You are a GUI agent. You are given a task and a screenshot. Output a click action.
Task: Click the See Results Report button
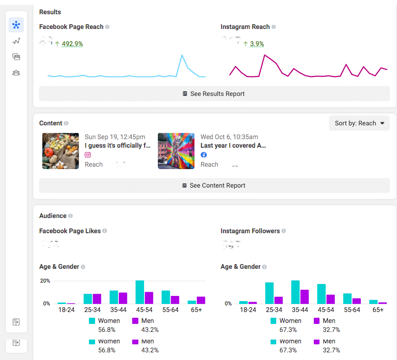pyautogui.click(x=214, y=94)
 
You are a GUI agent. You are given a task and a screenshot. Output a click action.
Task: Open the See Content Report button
pyautogui.click(x=214, y=185)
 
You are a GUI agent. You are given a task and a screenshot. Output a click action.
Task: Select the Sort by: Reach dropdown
pyautogui.click(x=359, y=123)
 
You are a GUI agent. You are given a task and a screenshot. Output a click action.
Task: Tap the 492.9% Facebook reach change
pyautogui.click(x=72, y=44)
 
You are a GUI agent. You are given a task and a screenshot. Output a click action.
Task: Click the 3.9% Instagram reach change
pyautogui.click(x=257, y=44)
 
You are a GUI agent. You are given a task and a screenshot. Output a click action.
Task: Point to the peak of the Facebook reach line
pyautogui.click(x=182, y=55)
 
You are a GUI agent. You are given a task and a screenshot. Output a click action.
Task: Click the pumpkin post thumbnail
pyautogui.click(x=60, y=151)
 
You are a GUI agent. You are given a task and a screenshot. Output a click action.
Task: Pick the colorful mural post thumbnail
pyautogui.click(x=176, y=151)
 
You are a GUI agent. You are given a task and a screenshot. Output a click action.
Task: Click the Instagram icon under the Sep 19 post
pyautogui.click(x=87, y=155)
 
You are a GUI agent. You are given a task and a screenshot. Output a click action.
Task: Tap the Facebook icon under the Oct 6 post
pyautogui.click(x=203, y=155)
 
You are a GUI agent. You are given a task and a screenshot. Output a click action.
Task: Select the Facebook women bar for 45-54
pyautogui.click(x=140, y=292)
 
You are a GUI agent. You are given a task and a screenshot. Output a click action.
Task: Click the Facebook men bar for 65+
pyautogui.click(x=201, y=300)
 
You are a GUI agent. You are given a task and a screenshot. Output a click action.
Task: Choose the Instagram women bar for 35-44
pyautogui.click(x=295, y=292)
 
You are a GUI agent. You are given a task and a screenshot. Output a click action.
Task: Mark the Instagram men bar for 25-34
pyautogui.click(x=279, y=300)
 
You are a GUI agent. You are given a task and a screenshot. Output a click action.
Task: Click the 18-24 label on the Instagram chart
pyautogui.click(x=248, y=309)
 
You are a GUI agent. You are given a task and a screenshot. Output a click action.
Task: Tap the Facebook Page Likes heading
pyautogui.click(x=70, y=231)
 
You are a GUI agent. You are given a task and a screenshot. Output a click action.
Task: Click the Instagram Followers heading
pyautogui.click(x=250, y=231)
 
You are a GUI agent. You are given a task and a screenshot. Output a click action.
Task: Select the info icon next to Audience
pyautogui.click(x=70, y=216)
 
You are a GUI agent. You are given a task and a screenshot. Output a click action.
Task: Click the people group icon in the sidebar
pyautogui.click(x=16, y=73)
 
